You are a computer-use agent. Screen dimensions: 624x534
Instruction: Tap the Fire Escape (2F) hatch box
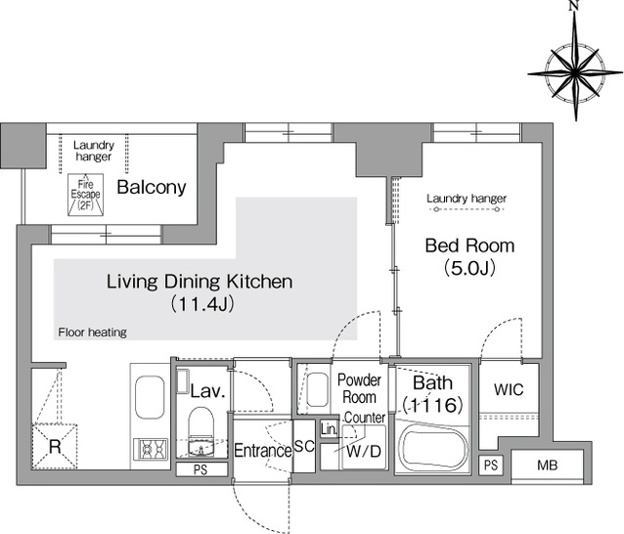click(x=85, y=195)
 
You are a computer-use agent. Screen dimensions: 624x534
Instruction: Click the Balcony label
click(x=152, y=187)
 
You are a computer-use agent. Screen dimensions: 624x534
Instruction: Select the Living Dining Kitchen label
click(x=200, y=282)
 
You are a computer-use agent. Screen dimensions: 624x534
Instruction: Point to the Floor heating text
click(x=92, y=333)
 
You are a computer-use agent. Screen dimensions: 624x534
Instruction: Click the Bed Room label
click(x=469, y=245)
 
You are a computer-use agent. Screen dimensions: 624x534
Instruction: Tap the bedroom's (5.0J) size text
click(x=469, y=268)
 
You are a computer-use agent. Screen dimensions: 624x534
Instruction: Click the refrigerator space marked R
click(x=55, y=446)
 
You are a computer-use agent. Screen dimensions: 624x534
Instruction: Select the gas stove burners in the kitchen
click(x=151, y=450)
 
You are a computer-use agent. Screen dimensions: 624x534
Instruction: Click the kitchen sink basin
click(x=150, y=397)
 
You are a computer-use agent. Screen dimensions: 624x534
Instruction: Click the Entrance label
click(x=263, y=451)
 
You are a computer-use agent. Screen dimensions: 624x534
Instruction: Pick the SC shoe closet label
click(x=304, y=446)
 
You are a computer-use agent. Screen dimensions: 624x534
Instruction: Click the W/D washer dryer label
click(x=364, y=451)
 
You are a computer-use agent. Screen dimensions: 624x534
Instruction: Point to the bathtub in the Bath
click(x=434, y=449)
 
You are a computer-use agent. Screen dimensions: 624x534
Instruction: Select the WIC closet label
click(x=509, y=389)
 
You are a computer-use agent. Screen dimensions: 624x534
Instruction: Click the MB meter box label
click(x=547, y=466)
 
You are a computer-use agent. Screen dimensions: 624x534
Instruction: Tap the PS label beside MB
click(x=491, y=465)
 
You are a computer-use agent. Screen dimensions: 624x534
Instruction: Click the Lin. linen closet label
click(x=329, y=429)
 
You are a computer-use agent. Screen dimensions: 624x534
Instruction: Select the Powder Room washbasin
click(x=318, y=389)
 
